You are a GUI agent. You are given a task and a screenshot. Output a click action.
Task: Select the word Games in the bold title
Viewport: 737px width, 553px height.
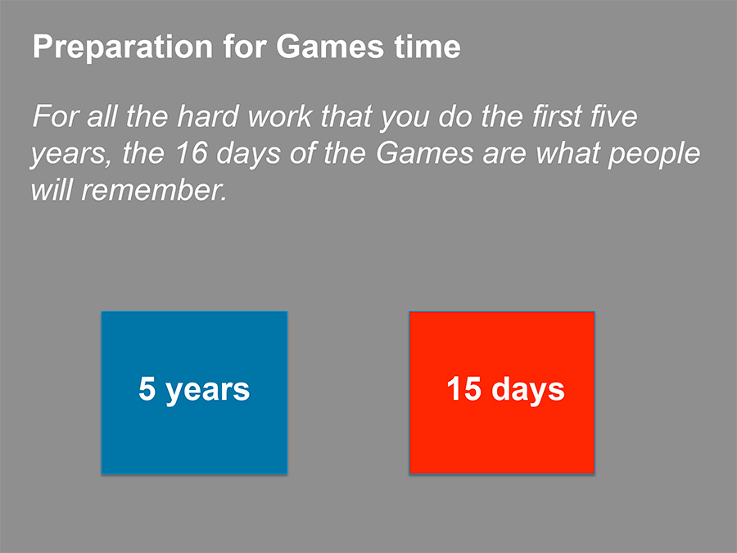(330, 47)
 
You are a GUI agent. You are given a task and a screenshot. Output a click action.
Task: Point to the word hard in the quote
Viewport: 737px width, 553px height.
(208, 116)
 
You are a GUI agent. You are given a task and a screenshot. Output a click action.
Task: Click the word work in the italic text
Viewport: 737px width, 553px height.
(280, 116)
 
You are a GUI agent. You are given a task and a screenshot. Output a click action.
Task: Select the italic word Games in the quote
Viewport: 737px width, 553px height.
(424, 153)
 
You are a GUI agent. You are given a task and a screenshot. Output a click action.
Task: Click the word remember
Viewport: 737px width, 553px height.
(154, 190)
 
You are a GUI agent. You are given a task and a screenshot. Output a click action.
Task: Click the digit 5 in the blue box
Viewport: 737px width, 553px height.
(147, 388)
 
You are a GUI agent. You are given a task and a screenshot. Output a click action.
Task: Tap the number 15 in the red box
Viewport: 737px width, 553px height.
(464, 388)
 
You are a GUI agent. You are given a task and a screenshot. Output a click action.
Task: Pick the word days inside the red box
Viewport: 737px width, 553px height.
(528, 390)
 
